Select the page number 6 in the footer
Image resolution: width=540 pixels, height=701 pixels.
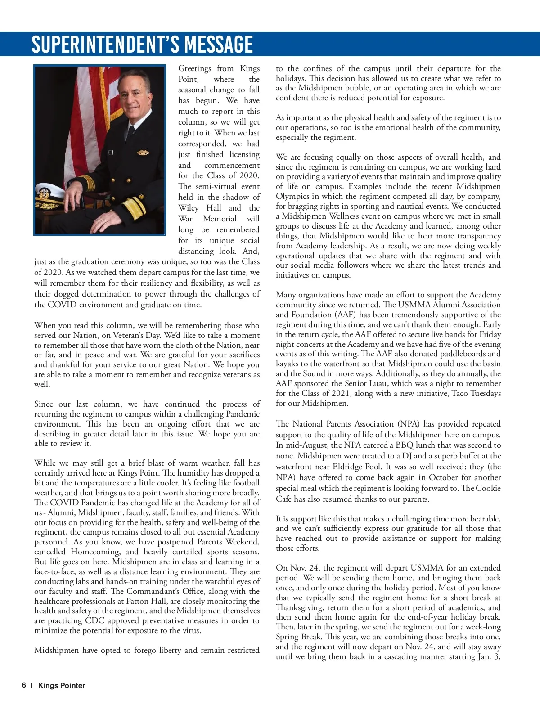click(x=24, y=685)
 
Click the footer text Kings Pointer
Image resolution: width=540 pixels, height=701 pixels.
click(x=62, y=685)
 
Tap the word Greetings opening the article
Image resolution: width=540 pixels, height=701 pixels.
click(x=194, y=68)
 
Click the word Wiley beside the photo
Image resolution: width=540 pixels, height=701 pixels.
click(x=188, y=208)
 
